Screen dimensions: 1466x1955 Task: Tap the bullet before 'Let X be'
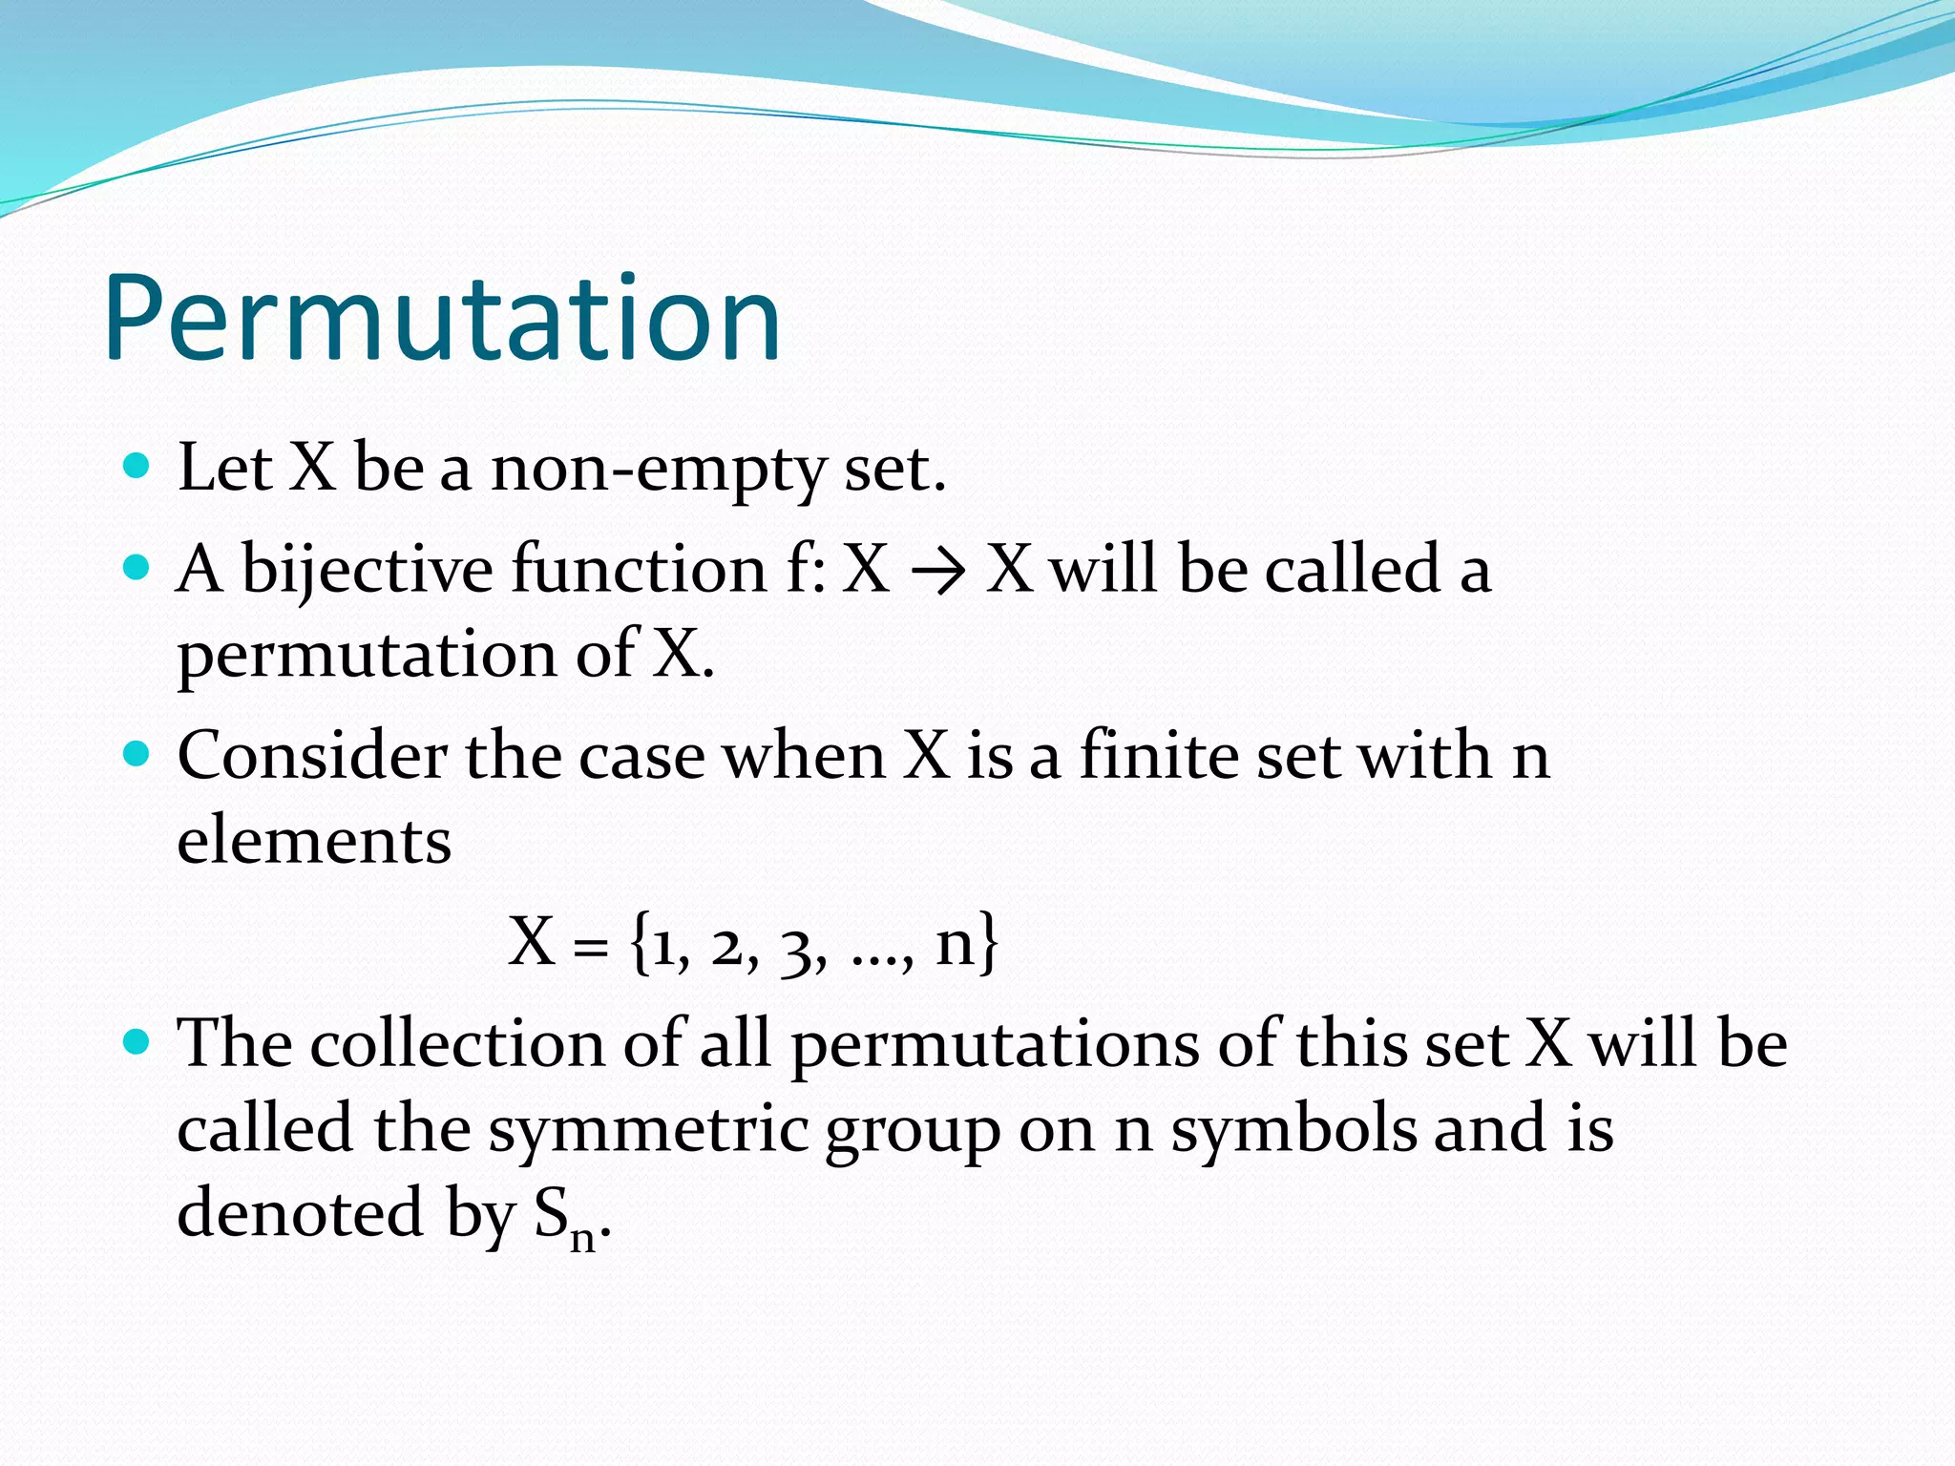[137, 466]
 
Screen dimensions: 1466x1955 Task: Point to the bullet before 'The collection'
[137, 1041]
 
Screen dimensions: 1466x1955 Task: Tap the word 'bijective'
[367, 570]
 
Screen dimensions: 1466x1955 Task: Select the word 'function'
[639, 569]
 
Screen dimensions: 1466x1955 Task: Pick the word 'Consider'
[311, 755]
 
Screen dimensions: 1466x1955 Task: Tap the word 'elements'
[314, 840]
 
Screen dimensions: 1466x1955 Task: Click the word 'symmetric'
[649, 1129]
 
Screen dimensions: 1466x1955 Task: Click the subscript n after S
[582, 1239]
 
